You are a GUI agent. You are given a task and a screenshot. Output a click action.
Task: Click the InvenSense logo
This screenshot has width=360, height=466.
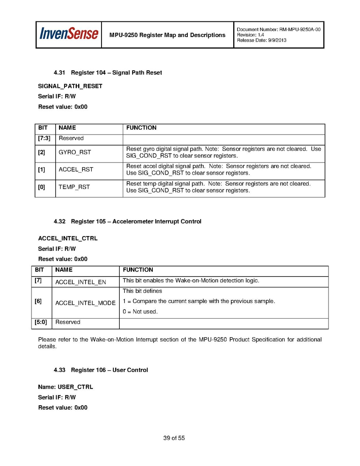pyautogui.click(x=68, y=34)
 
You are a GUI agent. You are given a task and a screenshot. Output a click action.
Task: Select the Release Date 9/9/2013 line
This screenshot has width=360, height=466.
pyautogui.click(x=261, y=40)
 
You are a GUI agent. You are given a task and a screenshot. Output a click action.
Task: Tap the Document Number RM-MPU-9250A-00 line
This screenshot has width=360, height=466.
pyautogui.click(x=278, y=30)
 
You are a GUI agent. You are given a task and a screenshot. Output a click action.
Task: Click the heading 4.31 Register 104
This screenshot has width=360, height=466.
pyautogui.click(x=108, y=73)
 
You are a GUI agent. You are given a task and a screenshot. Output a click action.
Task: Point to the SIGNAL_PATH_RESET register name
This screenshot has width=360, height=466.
pyautogui.click(x=70, y=86)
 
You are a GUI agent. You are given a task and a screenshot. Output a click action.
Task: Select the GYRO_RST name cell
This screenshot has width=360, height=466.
pyautogui.click(x=75, y=152)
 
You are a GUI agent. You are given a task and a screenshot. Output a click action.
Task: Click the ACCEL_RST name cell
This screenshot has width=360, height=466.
pyautogui.click(x=76, y=170)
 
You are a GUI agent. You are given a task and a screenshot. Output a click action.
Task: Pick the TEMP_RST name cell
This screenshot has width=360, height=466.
pyautogui.click(x=74, y=187)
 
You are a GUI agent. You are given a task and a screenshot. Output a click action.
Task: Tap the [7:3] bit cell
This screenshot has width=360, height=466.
pyautogui.click(x=44, y=138)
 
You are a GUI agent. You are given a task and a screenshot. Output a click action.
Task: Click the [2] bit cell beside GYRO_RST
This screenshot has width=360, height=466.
pyautogui.click(x=42, y=152)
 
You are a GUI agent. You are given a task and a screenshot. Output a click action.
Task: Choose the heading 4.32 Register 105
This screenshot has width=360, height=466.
pyautogui.click(x=128, y=221)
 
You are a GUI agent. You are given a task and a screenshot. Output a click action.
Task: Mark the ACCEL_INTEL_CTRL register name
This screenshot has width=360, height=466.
pyautogui.click(x=68, y=238)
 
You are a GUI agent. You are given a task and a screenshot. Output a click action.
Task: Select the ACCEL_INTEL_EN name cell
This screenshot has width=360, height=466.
pyautogui.click(x=80, y=282)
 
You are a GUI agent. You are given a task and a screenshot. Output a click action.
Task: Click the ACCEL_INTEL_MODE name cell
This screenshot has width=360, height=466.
pyautogui.click(x=86, y=303)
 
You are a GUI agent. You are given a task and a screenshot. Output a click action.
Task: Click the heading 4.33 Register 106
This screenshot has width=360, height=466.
pyautogui.click(x=101, y=370)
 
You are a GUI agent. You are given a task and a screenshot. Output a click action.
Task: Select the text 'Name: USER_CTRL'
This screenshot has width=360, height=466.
pyautogui.click(x=65, y=387)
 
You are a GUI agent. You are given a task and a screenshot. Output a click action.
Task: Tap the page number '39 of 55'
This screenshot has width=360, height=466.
pyautogui.click(x=174, y=438)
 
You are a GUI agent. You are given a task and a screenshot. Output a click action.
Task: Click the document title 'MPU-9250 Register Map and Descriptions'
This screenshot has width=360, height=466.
pyautogui.click(x=167, y=35)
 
